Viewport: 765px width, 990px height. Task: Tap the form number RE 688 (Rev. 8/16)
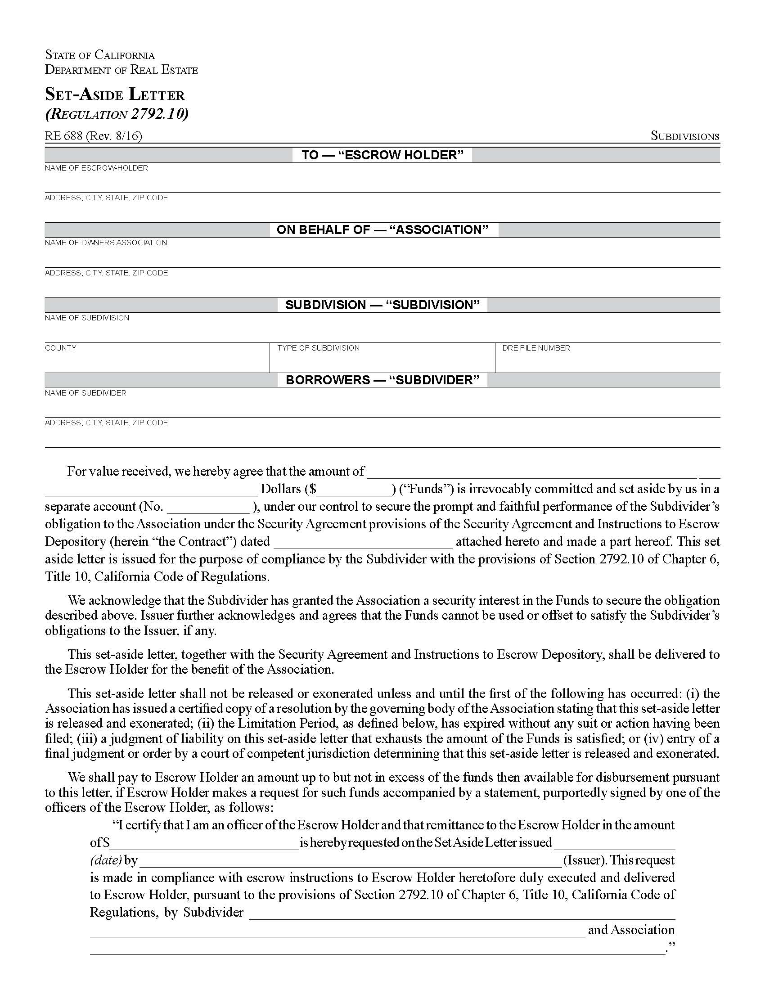93,135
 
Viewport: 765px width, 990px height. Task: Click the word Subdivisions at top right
684,136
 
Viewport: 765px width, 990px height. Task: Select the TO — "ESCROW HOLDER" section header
382,155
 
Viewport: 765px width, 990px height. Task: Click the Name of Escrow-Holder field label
96,168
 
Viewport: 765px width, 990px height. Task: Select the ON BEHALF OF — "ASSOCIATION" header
382,230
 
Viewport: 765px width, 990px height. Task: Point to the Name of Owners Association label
106,243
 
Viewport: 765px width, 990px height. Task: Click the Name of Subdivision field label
86,318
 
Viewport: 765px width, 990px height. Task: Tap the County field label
60,348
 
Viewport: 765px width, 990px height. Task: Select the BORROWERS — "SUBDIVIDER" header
382,380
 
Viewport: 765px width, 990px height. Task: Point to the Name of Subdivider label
85,393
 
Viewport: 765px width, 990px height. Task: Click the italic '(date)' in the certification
106,860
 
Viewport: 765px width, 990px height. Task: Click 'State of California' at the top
100,55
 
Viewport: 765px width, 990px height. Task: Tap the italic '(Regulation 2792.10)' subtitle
117,113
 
